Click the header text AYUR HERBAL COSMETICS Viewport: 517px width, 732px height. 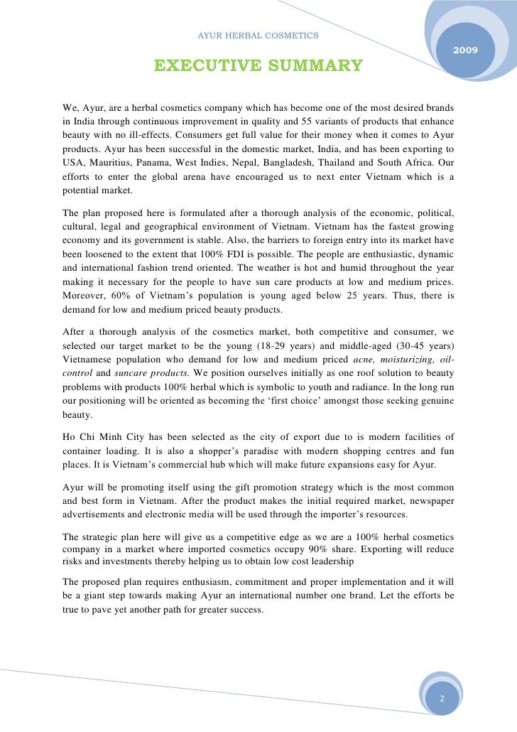pyautogui.click(x=258, y=36)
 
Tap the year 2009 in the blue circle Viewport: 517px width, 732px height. pyautogui.click(x=466, y=50)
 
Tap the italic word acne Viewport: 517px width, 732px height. pyautogui.click(x=365, y=360)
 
